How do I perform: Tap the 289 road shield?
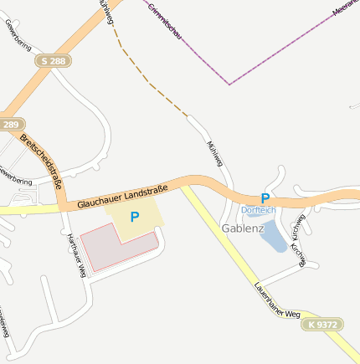tap(10, 125)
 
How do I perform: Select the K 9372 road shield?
tap(321, 324)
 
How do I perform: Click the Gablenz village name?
tap(243, 228)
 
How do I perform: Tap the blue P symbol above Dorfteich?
tap(265, 198)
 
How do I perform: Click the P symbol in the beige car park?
tap(134, 216)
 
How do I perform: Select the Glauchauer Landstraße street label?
tap(123, 195)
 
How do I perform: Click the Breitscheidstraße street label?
tap(44, 161)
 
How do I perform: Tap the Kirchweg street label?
tap(298, 238)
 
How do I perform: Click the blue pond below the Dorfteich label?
tap(273, 237)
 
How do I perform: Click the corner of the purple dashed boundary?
tap(229, 85)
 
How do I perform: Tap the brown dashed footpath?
tap(147, 80)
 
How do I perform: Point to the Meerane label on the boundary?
tap(346, 8)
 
